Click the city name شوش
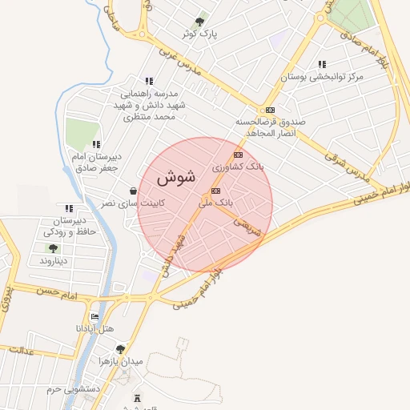click(176, 177)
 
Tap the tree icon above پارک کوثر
click(199, 22)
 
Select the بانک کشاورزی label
click(238, 167)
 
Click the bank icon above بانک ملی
click(216, 191)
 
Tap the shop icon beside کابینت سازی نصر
click(132, 191)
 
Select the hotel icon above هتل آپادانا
click(95, 317)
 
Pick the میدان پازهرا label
click(119, 361)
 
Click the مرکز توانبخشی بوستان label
click(321, 77)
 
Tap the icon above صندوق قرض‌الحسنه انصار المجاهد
click(271, 110)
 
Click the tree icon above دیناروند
click(54, 248)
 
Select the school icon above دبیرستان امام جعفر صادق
click(95, 145)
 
